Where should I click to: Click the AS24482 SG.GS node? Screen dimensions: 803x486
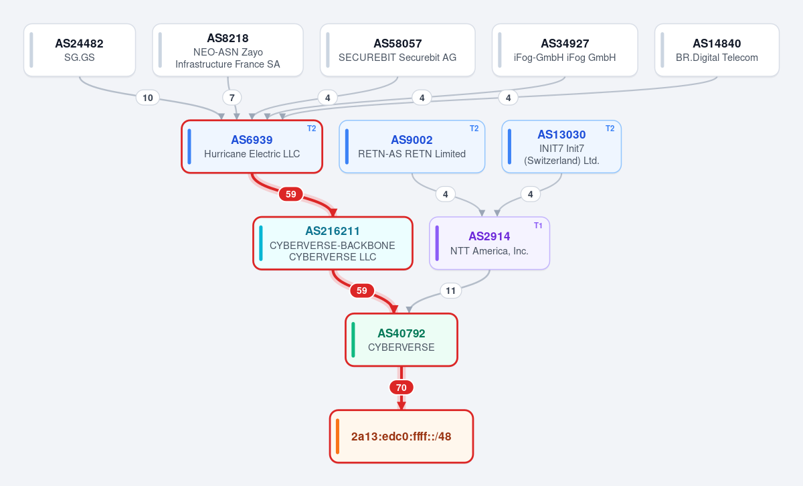click(x=80, y=50)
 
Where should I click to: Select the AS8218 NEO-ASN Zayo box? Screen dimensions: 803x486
click(x=228, y=50)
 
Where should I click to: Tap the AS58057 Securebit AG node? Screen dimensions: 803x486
click(x=397, y=50)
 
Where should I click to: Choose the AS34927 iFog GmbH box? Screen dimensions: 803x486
click(x=565, y=50)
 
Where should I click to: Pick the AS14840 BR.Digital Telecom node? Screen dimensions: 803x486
click(x=717, y=50)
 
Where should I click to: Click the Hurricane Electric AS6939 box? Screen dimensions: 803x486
click(x=252, y=147)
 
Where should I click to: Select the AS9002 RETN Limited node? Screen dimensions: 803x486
click(x=412, y=147)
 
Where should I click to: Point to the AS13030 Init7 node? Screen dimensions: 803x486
click(x=561, y=147)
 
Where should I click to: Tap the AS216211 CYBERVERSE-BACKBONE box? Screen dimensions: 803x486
click(x=333, y=243)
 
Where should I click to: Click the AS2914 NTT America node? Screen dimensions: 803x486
click(x=489, y=243)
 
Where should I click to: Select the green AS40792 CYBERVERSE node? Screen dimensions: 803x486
click(x=401, y=340)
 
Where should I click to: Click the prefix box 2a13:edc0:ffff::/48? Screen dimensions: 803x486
click(x=401, y=436)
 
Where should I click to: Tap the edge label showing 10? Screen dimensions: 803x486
click(x=148, y=98)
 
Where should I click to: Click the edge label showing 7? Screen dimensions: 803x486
click(x=232, y=98)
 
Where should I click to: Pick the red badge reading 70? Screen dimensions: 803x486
click(x=401, y=388)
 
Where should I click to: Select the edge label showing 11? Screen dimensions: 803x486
click(x=450, y=291)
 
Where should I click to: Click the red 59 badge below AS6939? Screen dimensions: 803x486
click(x=290, y=194)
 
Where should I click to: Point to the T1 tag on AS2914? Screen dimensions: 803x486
click(x=538, y=226)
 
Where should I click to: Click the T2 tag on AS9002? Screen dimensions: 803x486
click(x=474, y=129)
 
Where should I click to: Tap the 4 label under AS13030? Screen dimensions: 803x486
click(x=531, y=194)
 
